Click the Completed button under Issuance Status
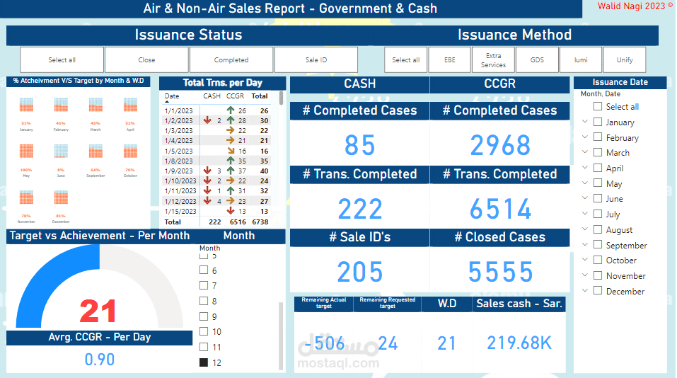[x=231, y=60]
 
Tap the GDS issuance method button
[x=537, y=60]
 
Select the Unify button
[x=625, y=60]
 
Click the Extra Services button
[x=493, y=60]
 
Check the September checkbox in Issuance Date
[x=598, y=245]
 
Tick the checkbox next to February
[x=598, y=137]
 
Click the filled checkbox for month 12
[x=204, y=362]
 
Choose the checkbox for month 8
[x=204, y=301]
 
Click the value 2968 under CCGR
[x=499, y=145]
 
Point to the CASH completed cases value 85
[x=359, y=145]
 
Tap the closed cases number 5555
[x=500, y=272]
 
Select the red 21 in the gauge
[x=98, y=311]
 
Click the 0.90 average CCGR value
[x=99, y=360]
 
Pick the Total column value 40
[x=263, y=171]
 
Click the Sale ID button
[x=316, y=60]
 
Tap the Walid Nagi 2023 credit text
[x=631, y=6]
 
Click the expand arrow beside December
[x=585, y=290]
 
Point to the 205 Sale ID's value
[x=359, y=272]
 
